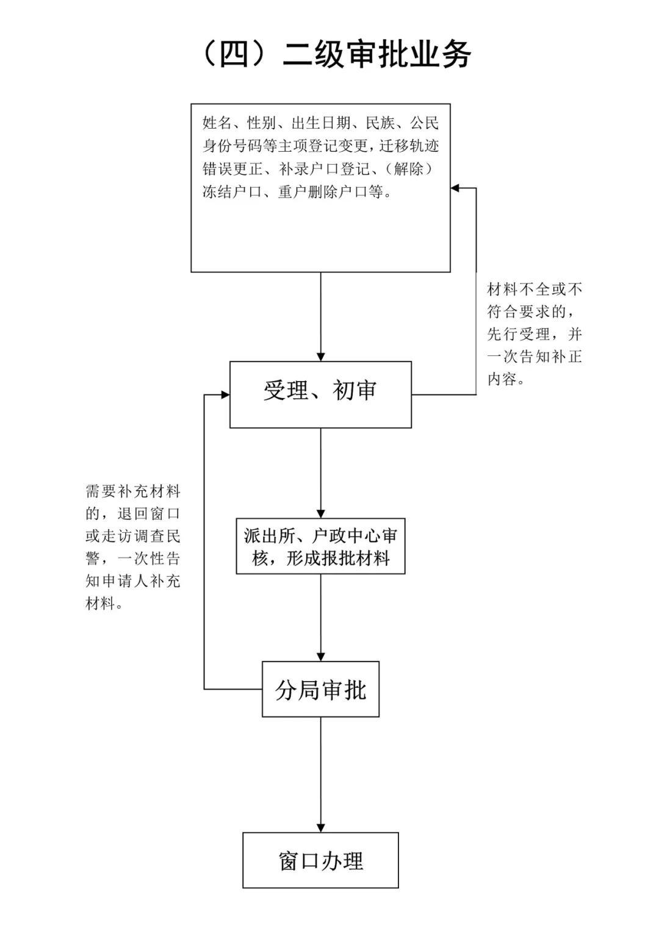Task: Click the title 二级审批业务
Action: pos(376,55)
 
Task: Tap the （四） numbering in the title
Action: pos(234,55)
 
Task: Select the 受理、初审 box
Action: pos(320,394)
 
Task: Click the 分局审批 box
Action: pos(320,689)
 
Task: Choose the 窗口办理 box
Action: pos(320,860)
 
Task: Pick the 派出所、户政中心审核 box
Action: pos(320,546)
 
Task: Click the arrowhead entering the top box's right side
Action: pos(455,188)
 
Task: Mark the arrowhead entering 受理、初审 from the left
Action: pos(225,395)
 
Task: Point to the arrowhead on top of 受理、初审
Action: pos(320,357)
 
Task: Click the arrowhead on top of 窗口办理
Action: pos(320,828)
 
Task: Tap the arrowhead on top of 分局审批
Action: pos(320,657)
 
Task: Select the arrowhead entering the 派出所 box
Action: pos(320,514)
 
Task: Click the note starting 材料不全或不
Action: pos(535,334)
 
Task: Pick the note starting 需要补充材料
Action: pos(133,548)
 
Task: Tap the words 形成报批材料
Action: pos(338,558)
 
